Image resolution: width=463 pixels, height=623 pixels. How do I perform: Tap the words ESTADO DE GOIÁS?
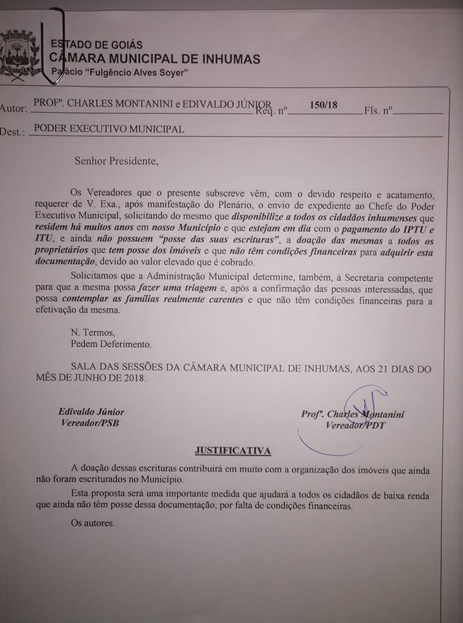tap(97, 45)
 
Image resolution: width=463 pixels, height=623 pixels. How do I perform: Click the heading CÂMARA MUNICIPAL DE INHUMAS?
tap(155, 59)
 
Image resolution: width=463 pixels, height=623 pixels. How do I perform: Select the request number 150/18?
tap(324, 104)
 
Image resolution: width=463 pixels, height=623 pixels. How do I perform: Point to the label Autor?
tap(14, 108)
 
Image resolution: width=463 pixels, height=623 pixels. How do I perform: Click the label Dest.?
tap(13, 131)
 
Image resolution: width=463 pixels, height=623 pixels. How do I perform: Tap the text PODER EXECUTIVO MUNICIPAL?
tap(109, 128)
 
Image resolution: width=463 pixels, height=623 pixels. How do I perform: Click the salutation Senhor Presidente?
tap(115, 160)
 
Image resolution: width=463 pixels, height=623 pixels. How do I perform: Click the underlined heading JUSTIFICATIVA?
tap(233, 450)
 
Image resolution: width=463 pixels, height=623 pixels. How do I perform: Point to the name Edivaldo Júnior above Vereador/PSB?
tap(91, 411)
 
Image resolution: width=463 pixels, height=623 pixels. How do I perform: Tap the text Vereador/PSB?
tap(89, 423)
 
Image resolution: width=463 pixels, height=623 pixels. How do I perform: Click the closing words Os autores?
tap(93, 522)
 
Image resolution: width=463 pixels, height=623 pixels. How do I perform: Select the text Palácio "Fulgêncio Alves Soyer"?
tap(119, 72)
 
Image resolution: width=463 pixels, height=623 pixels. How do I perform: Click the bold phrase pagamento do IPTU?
tap(379, 228)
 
